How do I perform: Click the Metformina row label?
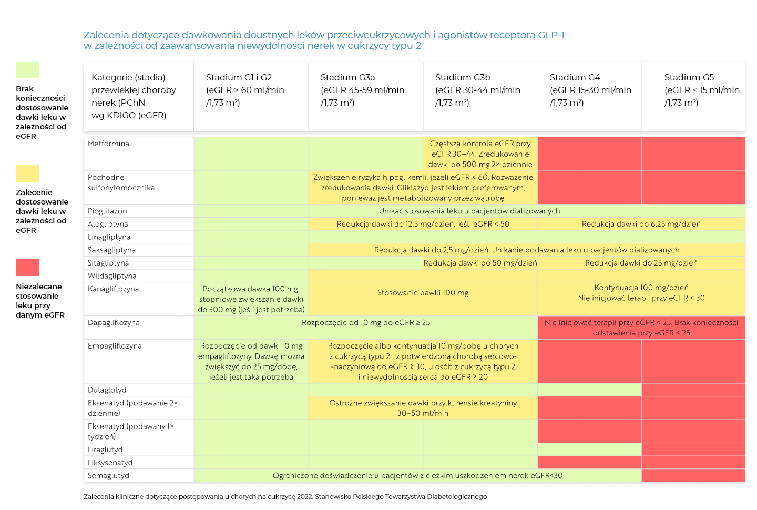[108, 144]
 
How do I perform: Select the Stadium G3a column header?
[363, 90]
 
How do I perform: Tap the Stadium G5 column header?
[701, 90]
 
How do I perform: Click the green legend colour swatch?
[27, 70]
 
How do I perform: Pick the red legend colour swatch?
[27, 268]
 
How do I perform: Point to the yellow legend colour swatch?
[27, 174]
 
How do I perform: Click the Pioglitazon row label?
[107, 211]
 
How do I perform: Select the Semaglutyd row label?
[108, 475]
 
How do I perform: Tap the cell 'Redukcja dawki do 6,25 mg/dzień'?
[641, 224]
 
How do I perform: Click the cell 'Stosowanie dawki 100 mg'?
[423, 293]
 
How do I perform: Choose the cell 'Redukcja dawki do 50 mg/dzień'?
[480, 263]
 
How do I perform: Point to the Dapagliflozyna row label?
[114, 322]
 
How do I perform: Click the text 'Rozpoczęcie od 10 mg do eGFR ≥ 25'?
[365, 322]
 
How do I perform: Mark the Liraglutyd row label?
[105, 450]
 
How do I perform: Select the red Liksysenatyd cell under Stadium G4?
[589, 463]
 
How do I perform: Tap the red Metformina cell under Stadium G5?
[693, 154]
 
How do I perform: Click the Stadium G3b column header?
[477, 90]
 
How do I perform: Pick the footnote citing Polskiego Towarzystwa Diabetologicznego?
[285, 496]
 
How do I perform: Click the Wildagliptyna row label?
[112, 276]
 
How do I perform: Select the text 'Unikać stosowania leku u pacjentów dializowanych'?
[469, 211]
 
